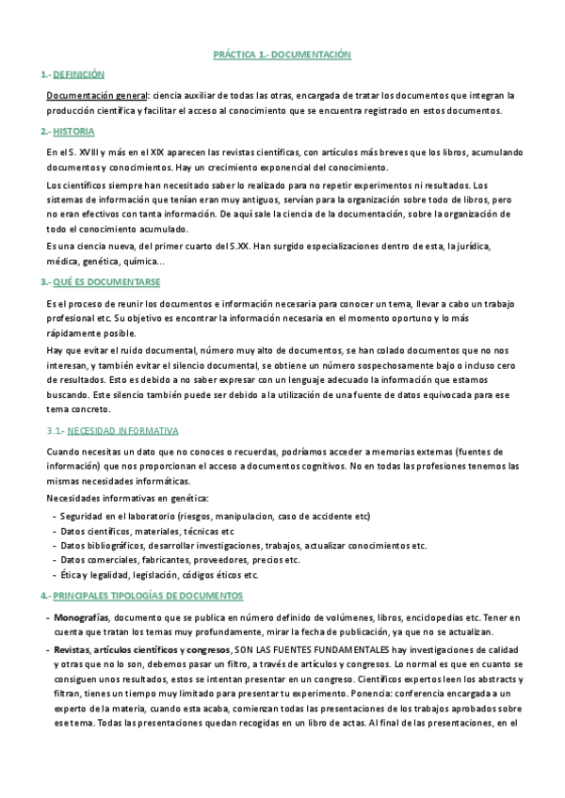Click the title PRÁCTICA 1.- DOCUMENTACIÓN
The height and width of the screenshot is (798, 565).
point(282,56)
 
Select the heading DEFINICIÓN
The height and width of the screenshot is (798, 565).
point(79,74)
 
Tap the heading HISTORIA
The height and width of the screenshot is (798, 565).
point(73,131)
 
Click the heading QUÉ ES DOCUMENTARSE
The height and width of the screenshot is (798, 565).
point(106,282)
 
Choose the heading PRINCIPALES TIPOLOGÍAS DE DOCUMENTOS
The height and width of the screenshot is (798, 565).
point(148,596)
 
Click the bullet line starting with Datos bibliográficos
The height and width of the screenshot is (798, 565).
point(243,545)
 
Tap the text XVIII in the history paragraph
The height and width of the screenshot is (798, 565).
point(86,152)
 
